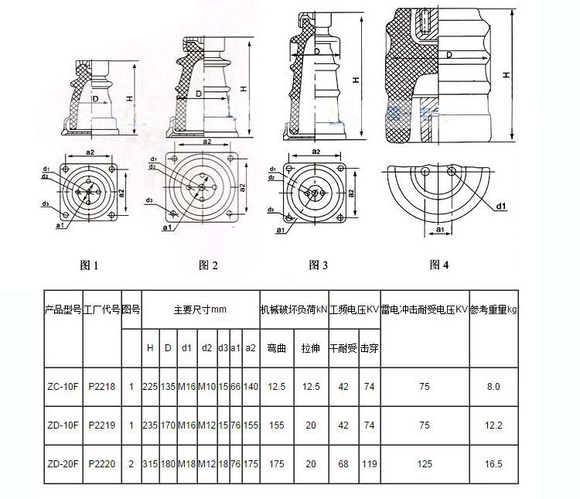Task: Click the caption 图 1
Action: click(x=89, y=265)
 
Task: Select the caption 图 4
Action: click(x=439, y=265)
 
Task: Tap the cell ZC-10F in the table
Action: click(x=63, y=387)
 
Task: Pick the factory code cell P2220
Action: click(x=102, y=464)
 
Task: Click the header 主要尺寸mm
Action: click(x=200, y=309)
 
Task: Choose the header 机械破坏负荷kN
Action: click(x=294, y=309)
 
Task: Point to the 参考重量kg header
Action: click(x=493, y=309)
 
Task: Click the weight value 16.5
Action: click(x=493, y=464)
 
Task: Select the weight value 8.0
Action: click(x=493, y=387)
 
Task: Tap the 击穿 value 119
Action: click(x=369, y=464)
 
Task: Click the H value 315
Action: click(x=150, y=464)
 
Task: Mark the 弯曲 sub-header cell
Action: click(x=277, y=348)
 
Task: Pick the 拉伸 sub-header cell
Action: click(x=311, y=348)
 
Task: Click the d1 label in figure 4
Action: click(x=501, y=207)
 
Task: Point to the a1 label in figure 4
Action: click(x=440, y=229)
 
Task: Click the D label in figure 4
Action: click(x=449, y=55)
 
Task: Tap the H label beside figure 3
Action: click(x=356, y=80)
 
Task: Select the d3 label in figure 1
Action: click(x=45, y=203)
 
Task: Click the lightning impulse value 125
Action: click(x=425, y=464)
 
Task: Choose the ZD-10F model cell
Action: click(x=63, y=426)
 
